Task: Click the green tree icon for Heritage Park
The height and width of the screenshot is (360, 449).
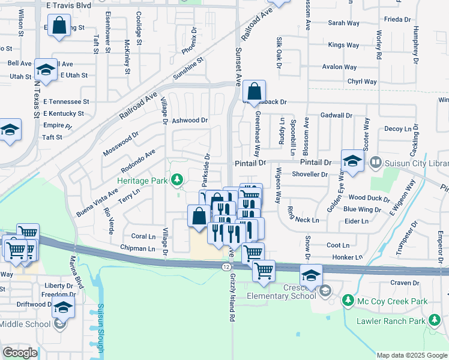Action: [177, 179]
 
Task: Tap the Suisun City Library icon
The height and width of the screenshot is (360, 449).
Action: [376, 162]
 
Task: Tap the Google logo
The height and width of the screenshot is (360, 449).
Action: [20, 353]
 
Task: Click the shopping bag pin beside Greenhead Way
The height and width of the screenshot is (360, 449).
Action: [255, 92]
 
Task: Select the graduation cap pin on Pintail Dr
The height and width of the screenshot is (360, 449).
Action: [352, 160]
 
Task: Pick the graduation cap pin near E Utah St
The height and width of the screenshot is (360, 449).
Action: [46, 70]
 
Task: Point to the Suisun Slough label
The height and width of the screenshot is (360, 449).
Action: [100, 328]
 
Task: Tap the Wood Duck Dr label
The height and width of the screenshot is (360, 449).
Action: [364, 197]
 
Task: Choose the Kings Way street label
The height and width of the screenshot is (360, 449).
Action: [344, 45]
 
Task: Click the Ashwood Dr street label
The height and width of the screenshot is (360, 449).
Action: [190, 121]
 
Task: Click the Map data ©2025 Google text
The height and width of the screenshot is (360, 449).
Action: [411, 355]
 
